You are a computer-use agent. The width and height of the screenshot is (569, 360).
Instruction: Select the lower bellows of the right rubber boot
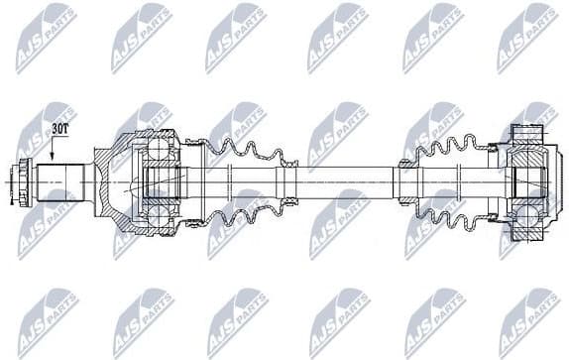coord(451,213)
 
